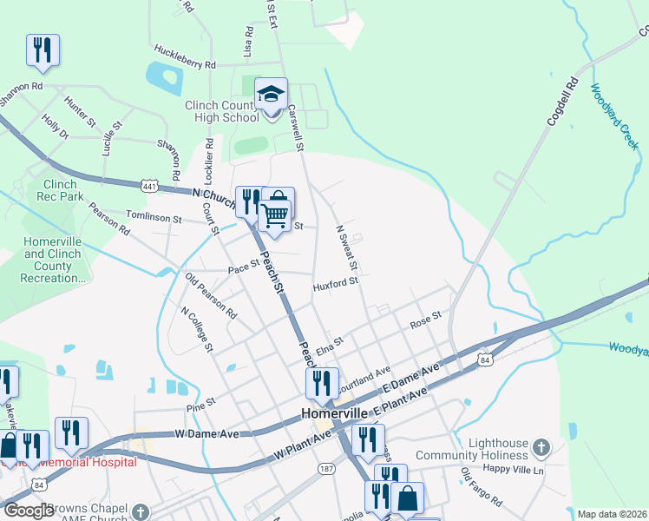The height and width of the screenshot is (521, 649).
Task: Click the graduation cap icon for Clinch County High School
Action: tap(271, 94)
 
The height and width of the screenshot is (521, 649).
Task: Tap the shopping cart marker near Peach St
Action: tap(276, 210)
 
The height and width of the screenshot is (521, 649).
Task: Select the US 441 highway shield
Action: tap(150, 186)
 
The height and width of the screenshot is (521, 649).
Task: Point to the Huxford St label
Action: tap(336, 283)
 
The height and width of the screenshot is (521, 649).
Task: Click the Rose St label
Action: tap(425, 320)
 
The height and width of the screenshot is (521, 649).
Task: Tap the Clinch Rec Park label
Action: tap(60, 190)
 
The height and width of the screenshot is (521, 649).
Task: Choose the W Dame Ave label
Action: tap(206, 432)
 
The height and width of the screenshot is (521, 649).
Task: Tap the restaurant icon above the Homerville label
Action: tap(321, 383)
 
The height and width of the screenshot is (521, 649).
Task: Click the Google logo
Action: tap(28, 511)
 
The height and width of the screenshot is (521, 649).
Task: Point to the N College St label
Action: tap(196, 329)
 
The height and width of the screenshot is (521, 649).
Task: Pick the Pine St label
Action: tap(200, 406)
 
